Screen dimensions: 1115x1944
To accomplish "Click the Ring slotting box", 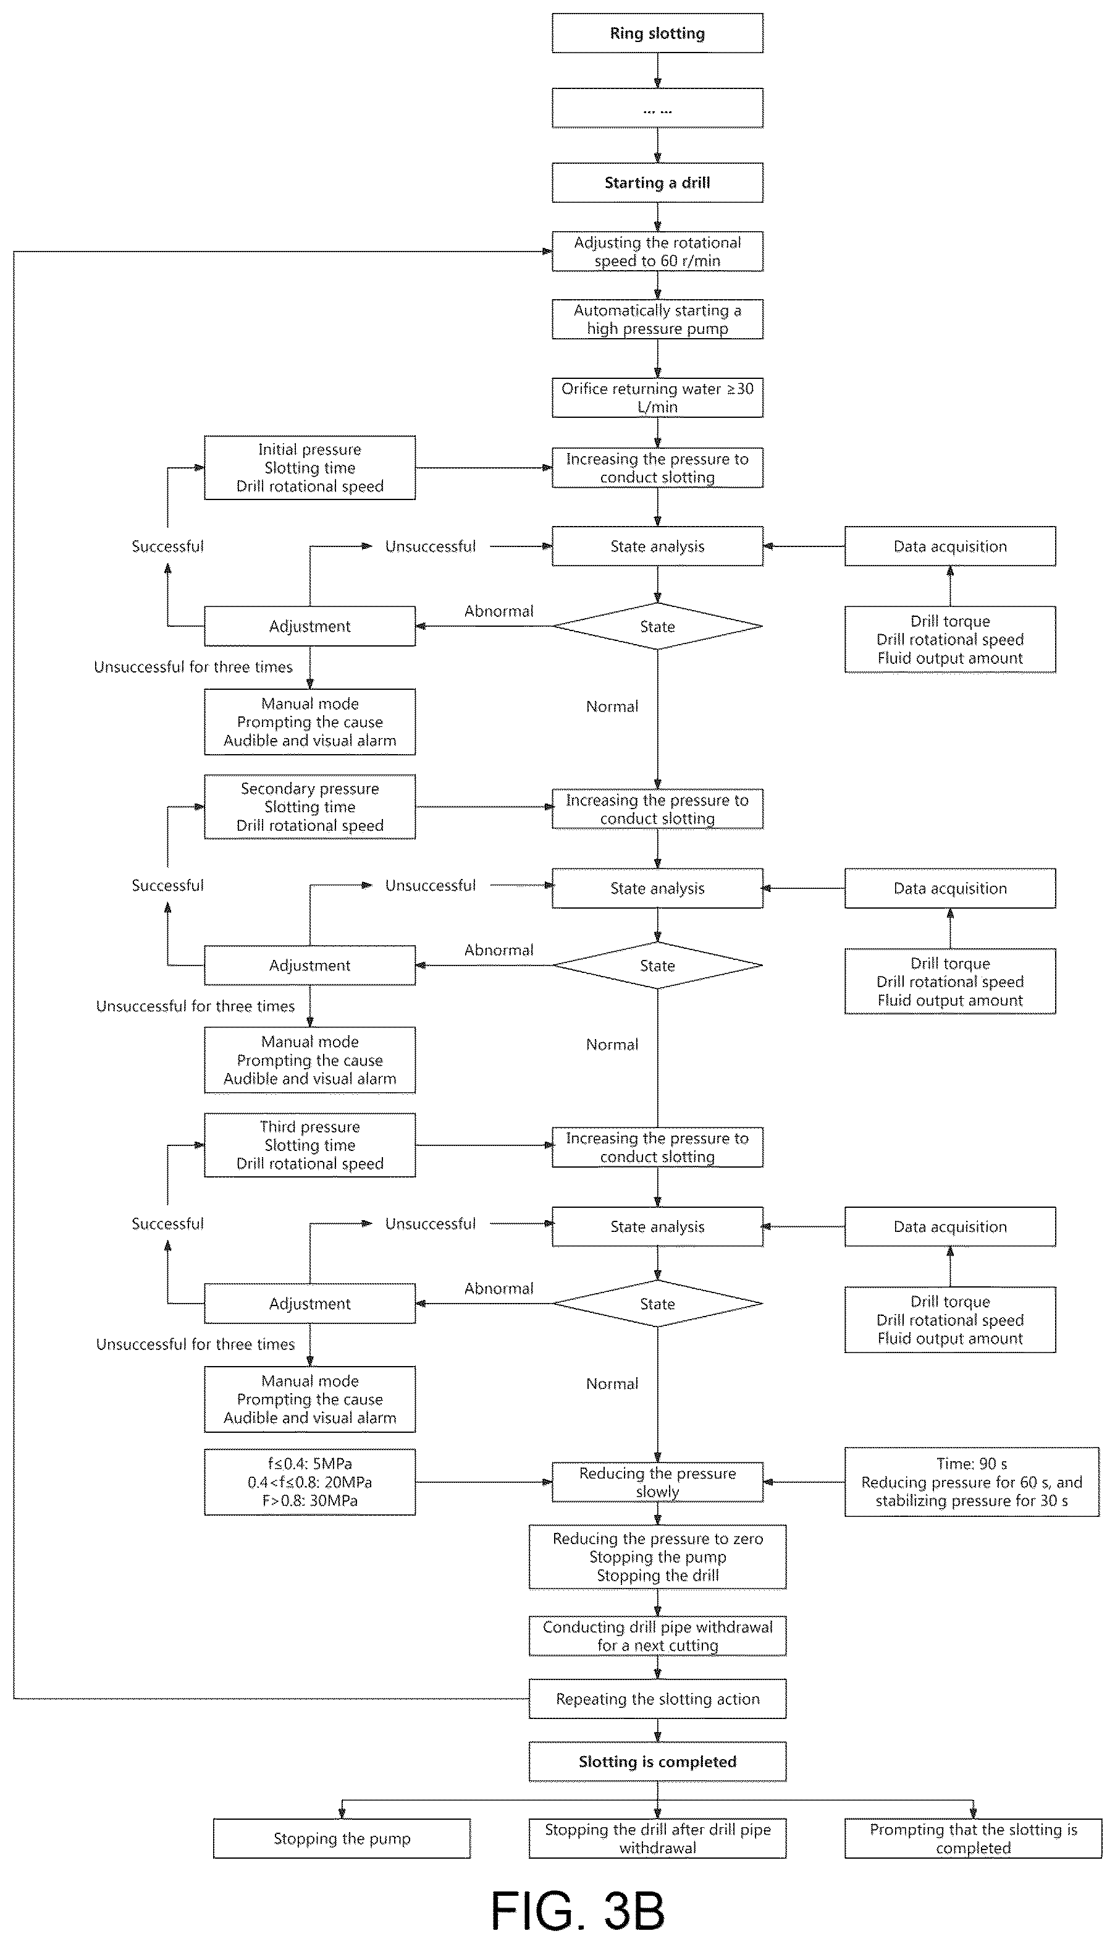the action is pos(657,33).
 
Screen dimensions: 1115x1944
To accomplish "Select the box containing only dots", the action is pos(657,108).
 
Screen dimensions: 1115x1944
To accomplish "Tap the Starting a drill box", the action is pos(657,182).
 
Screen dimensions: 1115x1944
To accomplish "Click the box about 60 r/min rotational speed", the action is pos(657,252).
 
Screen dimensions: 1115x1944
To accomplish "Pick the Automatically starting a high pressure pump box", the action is pos(657,320).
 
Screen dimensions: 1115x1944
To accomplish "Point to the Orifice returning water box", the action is pos(657,397).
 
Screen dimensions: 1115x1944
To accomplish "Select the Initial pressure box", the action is pos(309,468).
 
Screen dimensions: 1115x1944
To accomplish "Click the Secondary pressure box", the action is pos(309,807).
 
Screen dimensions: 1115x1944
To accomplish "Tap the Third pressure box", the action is pos(309,1145).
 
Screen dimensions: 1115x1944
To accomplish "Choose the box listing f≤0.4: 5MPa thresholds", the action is pos(309,1482).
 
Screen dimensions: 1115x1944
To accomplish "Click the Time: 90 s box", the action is pos(972,1482).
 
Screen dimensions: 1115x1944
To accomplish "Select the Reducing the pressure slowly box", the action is pos(657,1482).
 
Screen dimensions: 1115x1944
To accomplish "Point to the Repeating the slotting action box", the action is pos(657,1699).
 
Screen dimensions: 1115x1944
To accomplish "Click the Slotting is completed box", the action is pos(657,1762).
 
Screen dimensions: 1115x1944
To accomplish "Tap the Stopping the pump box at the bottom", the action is pos(342,1838).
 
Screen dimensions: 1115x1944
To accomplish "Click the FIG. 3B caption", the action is pos(578,1911).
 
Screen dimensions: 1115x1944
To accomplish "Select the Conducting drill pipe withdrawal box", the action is pos(657,1636).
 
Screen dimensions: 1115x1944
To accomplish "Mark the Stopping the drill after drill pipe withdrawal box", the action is pos(657,1838).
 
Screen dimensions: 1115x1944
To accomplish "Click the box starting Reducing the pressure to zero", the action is pos(657,1556).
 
